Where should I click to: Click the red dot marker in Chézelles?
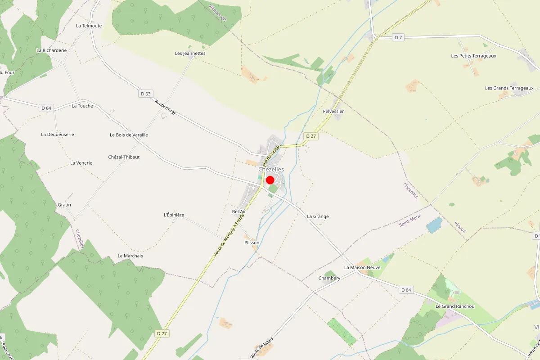pyautogui.click(x=270, y=180)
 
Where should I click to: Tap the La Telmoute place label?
pyautogui.click(x=89, y=26)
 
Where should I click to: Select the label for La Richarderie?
pyautogui.click(x=51, y=50)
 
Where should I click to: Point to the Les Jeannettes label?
pyautogui.click(x=190, y=53)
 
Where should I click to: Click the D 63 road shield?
pyautogui.click(x=145, y=94)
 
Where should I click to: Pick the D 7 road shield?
pyautogui.click(x=398, y=37)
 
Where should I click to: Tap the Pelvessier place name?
pyautogui.click(x=333, y=111)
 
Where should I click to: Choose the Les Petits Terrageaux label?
pyautogui.click(x=473, y=56)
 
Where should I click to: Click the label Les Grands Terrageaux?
pyautogui.click(x=509, y=88)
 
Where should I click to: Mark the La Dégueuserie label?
pyautogui.click(x=57, y=135)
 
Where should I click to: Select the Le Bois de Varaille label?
pyautogui.click(x=129, y=135)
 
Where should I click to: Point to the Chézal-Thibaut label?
pyautogui.click(x=124, y=157)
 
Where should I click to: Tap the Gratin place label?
pyautogui.click(x=64, y=205)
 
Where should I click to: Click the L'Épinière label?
pyautogui.click(x=174, y=215)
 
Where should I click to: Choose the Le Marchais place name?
pyautogui.click(x=130, y=256)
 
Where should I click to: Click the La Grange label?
pyautogui.click(x=318, y=216)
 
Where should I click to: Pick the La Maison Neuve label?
pyautogui.click(x=362, y=267)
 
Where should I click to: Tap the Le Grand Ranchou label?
pyautogui.click(x=455, y=306)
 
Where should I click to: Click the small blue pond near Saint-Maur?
pyautogui.click(x=434, y=225)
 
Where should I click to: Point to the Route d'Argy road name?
pyautogui.click(x=165, y=108)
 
